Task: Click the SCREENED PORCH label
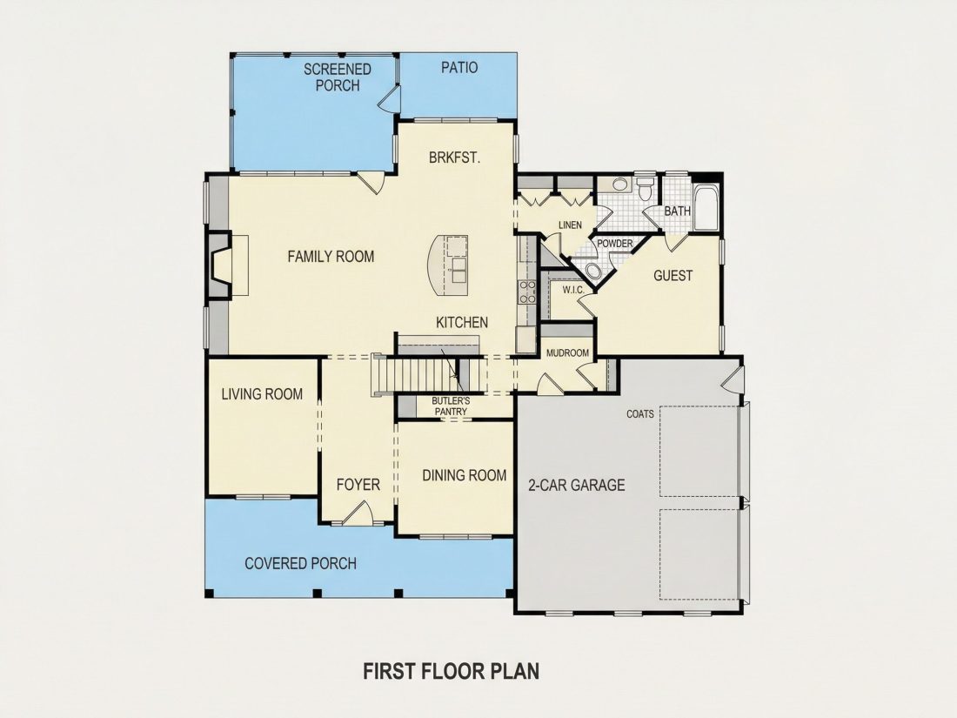tap(338, 77)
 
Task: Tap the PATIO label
tap(459, 67)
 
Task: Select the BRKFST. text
tap(455, 157)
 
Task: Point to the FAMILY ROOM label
tap(331, 257)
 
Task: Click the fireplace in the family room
tap(220, 265)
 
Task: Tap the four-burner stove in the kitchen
tap(526, 292)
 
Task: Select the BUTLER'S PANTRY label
tap(451, 406)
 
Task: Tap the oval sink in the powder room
tap(592, 271)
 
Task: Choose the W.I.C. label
tap(573, 290)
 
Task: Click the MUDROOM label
tap(567, 352)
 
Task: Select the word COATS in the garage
tap(640, 414)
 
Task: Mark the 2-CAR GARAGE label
tap(577, 486)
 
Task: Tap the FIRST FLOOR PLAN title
tap(452, 671)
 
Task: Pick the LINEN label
tap(570, 225)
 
